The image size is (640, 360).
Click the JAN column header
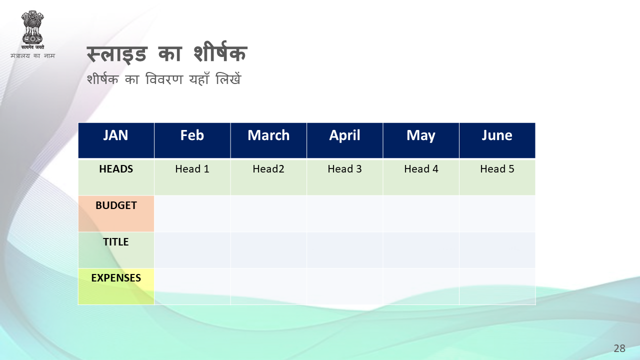point(116,140)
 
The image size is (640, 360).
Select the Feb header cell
point(192,140)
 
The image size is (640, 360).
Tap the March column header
point(268,140)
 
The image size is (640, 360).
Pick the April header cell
point(345,140)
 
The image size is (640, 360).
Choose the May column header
point(421,140)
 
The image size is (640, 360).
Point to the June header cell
point(497,140)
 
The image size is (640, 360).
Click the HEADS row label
point(116,177)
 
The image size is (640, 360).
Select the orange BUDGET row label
point(116,213)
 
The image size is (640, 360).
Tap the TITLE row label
point(116,250)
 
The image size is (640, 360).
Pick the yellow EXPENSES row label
point(116,286)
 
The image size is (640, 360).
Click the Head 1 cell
point(192,177)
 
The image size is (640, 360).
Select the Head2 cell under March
point(268,177)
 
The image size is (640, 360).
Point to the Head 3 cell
point(345,177)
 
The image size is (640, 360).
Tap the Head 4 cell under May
point(421,177)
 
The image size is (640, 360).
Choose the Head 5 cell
point(497,177)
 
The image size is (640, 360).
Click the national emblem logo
point(32,29)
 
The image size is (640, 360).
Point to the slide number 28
point(619,348)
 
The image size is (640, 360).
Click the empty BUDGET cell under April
point(345,213)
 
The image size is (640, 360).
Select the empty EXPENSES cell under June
point(497,286)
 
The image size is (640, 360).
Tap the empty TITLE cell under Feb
point(192,250)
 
